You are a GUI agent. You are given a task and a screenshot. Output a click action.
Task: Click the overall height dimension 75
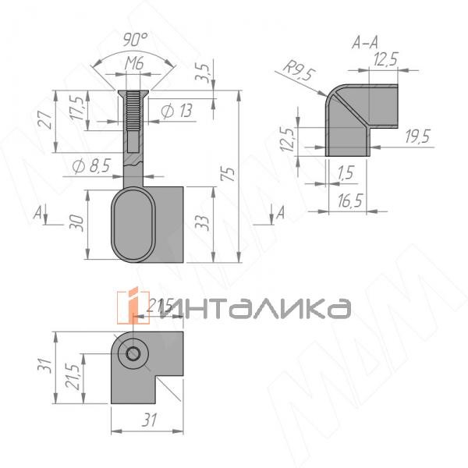[228, 175]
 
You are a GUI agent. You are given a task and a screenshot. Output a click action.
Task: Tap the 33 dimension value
[202, 225]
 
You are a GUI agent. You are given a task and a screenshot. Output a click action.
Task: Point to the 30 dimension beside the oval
[76, 222]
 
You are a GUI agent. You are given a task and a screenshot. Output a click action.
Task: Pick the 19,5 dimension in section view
[418, 138]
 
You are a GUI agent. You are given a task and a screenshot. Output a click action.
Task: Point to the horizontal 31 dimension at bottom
[148, 420]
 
